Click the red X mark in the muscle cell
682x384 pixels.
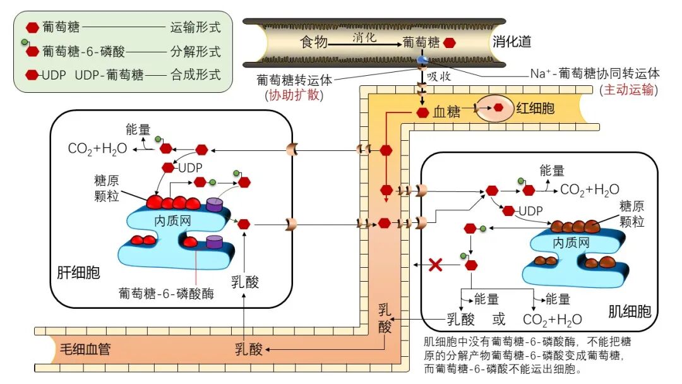pos(434,265)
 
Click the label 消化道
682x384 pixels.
pos(512,42)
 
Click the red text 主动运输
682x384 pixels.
pos(629,90)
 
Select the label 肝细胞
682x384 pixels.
pos(75,273)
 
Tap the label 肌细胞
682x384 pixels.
pos(629,311)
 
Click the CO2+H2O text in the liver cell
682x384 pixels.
pos(97,149)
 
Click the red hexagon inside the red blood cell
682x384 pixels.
pos(498,108)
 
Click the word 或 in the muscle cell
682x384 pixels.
pos(499,319)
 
